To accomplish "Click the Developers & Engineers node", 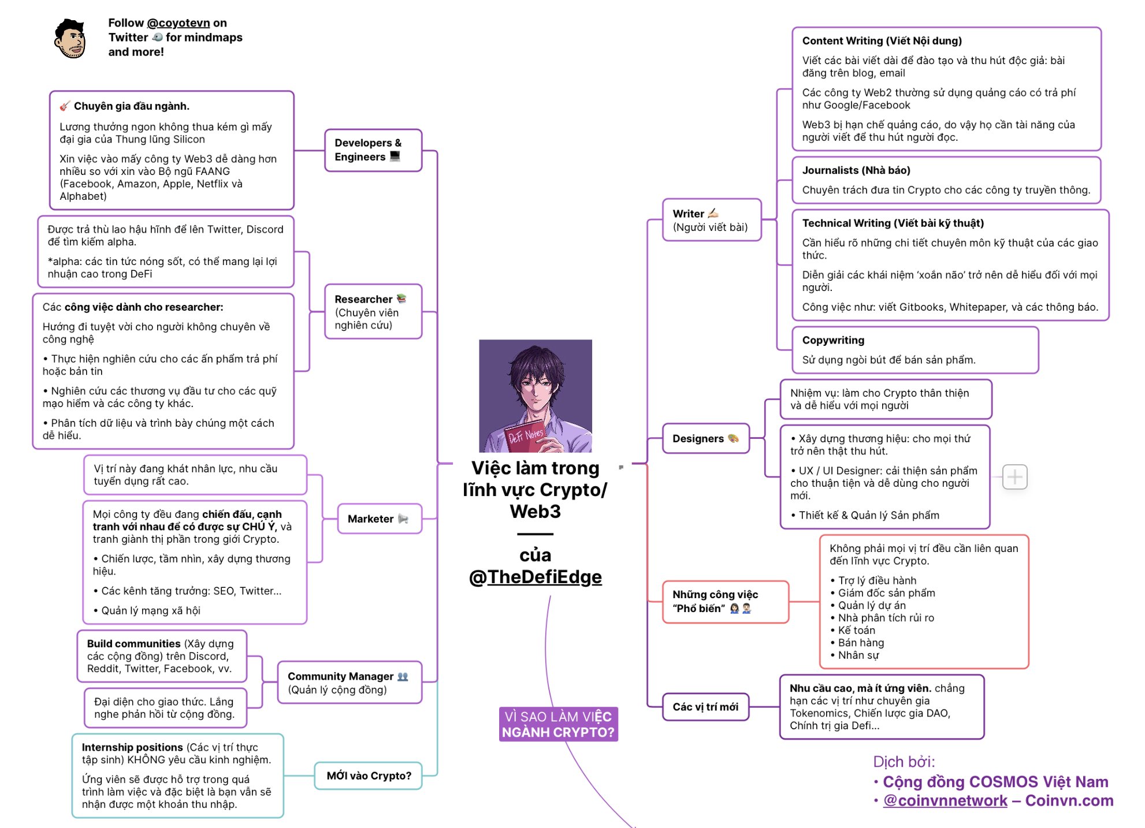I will tap(373, 150).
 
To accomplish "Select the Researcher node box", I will tap(373, 312).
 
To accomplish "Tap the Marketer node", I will tap(378, 519).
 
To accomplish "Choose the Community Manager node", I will tap(349, 682).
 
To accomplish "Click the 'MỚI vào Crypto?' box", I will tap(369, 775).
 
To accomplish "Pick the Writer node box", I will tap(711, 220).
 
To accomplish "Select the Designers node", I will tap(705, 439).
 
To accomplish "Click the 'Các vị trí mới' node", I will tap(705, 707).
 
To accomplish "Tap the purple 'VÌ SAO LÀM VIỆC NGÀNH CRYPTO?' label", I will tap(558, 724).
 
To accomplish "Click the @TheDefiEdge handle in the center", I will tap(536, 577).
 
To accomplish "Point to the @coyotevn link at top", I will tap(178, 23).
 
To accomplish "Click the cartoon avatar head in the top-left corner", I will tap(70, 39).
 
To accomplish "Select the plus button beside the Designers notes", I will tap(1014, 477).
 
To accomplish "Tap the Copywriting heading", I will tap(833, 340).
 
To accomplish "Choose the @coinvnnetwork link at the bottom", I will tap(945, 801).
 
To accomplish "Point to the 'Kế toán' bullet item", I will tap(856, 630).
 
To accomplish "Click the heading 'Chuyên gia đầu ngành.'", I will tap(131, 106).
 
